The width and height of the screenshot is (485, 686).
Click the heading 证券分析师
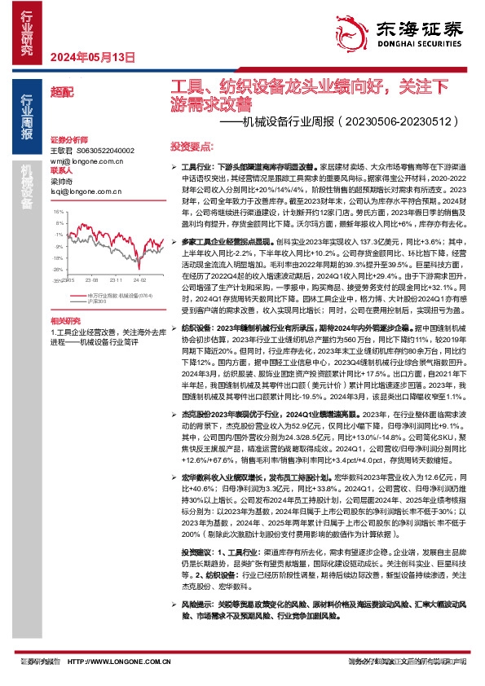pos(68,140)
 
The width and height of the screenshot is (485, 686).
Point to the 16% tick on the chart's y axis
pos(58,210)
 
